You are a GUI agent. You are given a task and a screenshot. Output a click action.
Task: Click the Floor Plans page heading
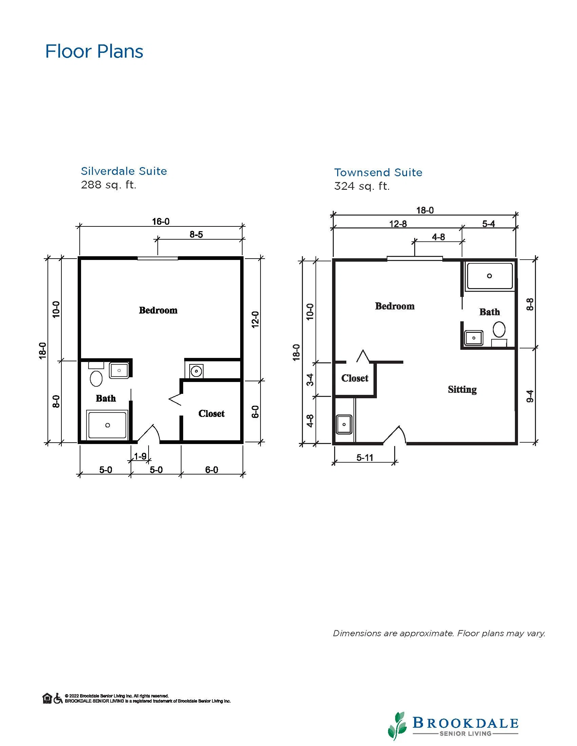(94, 52)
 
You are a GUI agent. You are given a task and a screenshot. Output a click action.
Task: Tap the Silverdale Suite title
(124, 171)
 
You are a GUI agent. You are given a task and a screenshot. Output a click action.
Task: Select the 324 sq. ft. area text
(362, 186)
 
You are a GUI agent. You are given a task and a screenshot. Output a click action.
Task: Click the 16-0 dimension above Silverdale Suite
(161, 221)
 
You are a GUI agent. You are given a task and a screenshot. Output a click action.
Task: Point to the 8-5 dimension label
(196, 234)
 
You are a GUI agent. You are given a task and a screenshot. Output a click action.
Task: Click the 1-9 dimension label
(140, 456)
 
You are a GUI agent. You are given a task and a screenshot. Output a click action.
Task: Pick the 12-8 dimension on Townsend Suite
(398, 224)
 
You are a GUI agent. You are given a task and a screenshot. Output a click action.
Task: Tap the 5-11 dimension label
(365, 458)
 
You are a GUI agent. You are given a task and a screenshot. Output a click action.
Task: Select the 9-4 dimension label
(530, 396)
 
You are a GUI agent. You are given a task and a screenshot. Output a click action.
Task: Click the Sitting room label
(462, 390)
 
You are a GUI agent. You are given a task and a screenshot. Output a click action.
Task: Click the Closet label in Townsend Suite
(355, 378)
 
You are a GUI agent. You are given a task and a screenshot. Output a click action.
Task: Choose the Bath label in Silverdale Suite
(105, 398)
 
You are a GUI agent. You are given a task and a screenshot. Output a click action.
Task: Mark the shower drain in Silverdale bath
(108, 425)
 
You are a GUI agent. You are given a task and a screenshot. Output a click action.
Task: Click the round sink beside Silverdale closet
(196, 371)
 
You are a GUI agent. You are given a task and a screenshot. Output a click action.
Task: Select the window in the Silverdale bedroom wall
(158, 258)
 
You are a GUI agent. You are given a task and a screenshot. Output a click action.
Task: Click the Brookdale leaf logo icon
(397, 726)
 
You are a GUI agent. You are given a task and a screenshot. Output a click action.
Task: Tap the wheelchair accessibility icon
(58, 699)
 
